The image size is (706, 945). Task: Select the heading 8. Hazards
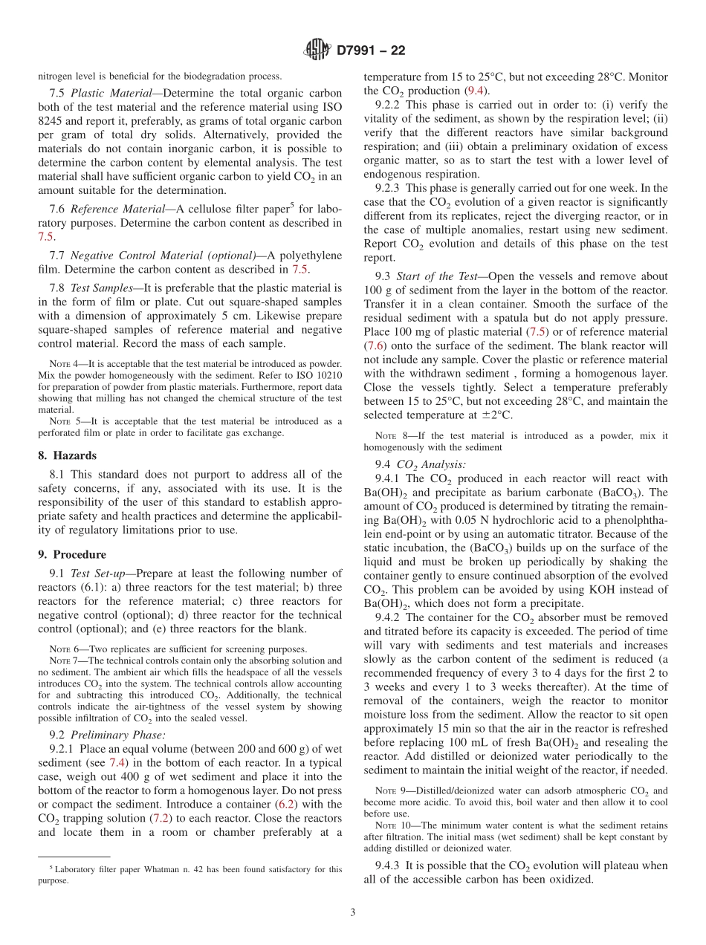tap(68, 455)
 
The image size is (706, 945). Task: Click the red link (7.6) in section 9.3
tap(377, 345)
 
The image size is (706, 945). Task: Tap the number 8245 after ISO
tap(52, 121)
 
